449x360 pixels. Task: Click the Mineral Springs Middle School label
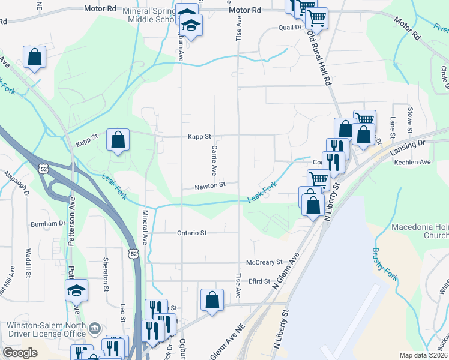(150, 15)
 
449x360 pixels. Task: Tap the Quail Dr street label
(289, 28)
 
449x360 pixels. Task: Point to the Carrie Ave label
(214, 157)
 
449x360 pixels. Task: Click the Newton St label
(209, 186)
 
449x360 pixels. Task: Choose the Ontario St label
(191, 233)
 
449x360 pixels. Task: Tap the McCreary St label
(264, 262)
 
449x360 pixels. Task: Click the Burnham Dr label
(49, 223)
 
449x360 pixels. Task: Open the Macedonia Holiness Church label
(420, 232)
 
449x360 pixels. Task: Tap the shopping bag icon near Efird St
(212, 301)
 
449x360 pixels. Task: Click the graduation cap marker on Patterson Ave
(77, 291)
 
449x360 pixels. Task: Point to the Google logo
(20, 353)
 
